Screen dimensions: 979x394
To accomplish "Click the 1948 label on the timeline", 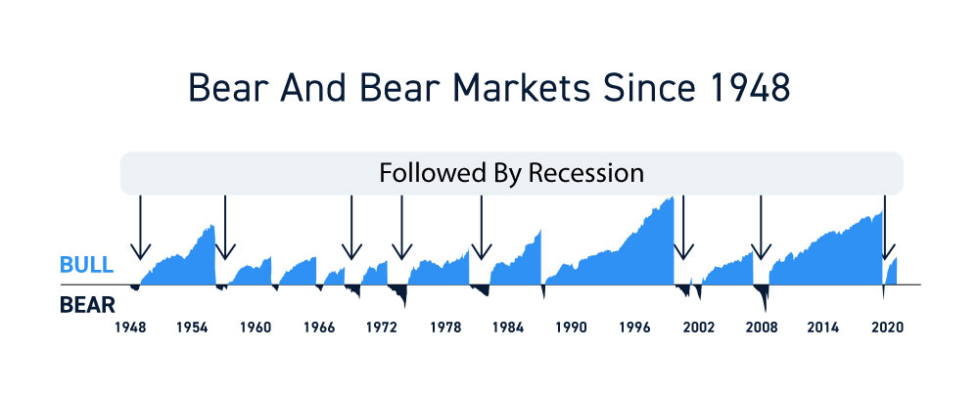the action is coord(130,328).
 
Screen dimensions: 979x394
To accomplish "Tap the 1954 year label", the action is coord(192,328).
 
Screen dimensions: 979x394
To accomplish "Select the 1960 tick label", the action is coord(256,328).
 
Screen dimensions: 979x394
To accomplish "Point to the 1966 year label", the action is coord(319,328).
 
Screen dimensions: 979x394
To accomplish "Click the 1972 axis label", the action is coord(382,328).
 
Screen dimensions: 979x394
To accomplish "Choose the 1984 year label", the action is coord(508,328).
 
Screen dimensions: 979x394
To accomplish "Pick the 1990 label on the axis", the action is coord(572,328).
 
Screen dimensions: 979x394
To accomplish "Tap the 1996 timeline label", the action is coord(634,328).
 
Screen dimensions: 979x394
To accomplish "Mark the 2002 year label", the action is coord(698,328).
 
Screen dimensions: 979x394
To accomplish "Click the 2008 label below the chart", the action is coord(762,328).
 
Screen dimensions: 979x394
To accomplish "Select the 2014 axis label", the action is coord(823,328).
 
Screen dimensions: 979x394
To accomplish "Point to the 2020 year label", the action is coord(887,328).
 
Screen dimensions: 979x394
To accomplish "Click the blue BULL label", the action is coord(87,265).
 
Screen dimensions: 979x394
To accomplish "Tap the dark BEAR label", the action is coord(87,305).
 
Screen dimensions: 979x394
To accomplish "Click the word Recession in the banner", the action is coord(586,173).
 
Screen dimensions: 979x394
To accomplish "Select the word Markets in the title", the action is coord(520,89).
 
